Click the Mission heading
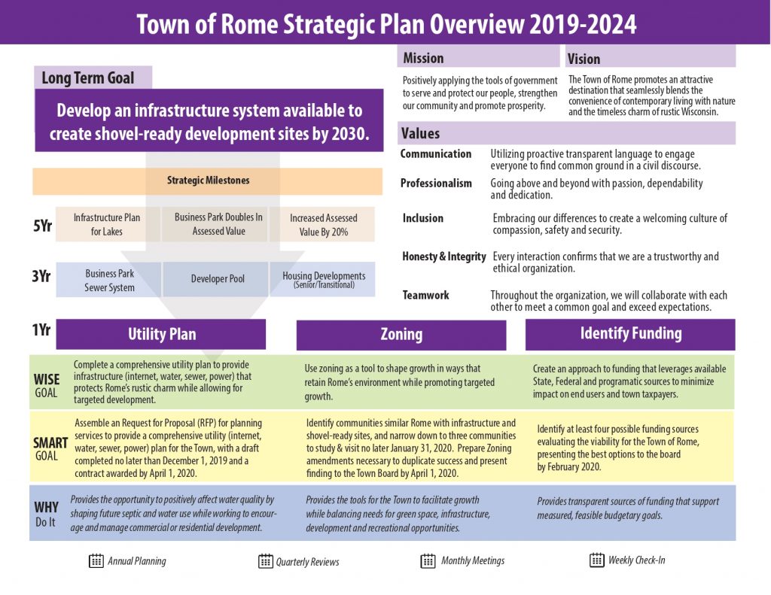click(423, 58)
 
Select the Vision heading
click(584, 59)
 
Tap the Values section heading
click(420, 133)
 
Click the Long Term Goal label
click(88, 78)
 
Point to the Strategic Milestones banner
click(208, 181)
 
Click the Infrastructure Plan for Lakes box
click(107, 224)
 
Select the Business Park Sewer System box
click(110, 281)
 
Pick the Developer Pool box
click(218, 279)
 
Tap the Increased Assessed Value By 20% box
click(323, 225)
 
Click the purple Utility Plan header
click(161, 335)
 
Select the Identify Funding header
click(630, 333)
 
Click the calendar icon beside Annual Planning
click(96, 560)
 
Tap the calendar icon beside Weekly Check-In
click(597, 560)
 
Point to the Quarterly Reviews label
click(307, 562)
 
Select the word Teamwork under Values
click(425, 296)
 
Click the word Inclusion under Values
click(422, 218)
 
